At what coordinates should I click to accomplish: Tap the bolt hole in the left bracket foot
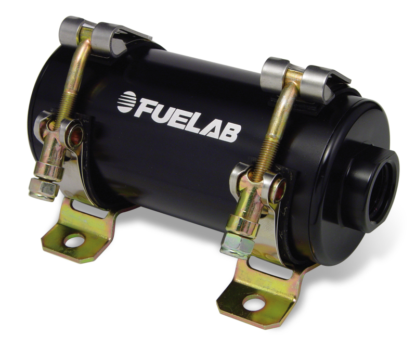74,240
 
